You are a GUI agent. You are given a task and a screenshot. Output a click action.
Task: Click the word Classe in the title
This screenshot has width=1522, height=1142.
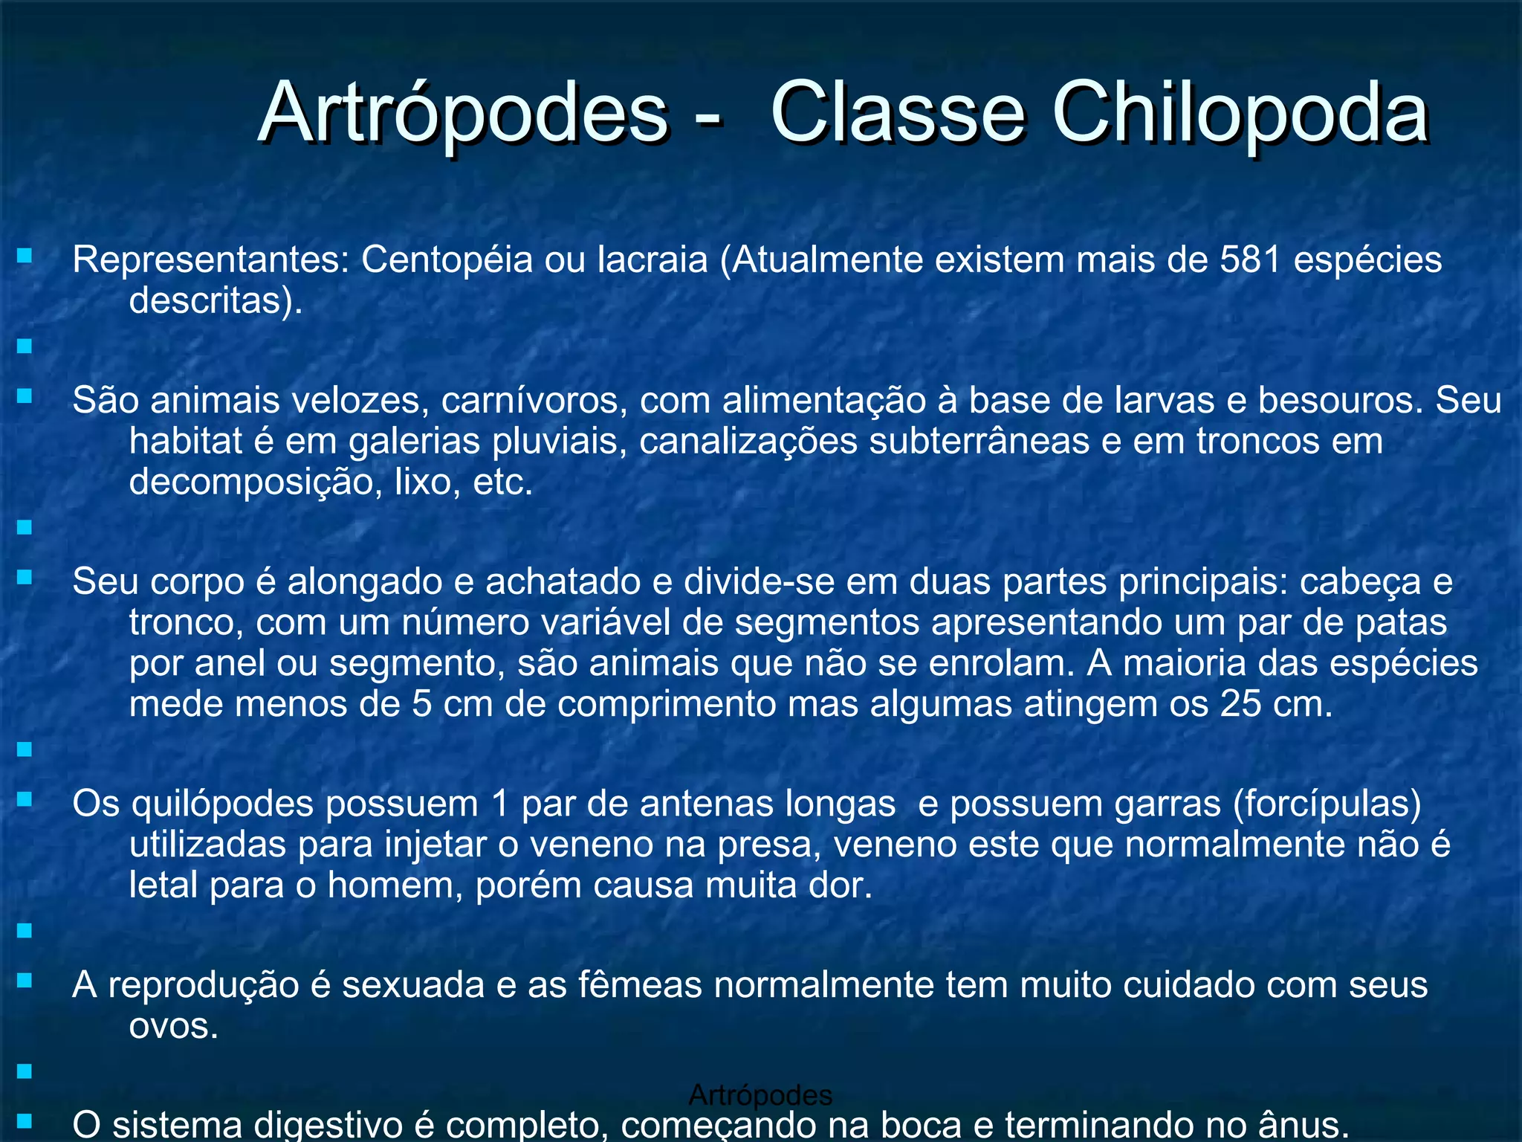898,114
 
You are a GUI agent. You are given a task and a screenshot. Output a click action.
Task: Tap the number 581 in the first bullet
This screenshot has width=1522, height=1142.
1251,259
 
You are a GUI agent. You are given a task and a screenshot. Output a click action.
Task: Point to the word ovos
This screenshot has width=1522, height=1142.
173,1027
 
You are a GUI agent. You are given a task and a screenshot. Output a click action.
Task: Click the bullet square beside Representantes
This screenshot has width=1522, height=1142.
25,257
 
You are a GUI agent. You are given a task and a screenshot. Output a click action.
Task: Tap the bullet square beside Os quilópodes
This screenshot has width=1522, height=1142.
25,799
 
